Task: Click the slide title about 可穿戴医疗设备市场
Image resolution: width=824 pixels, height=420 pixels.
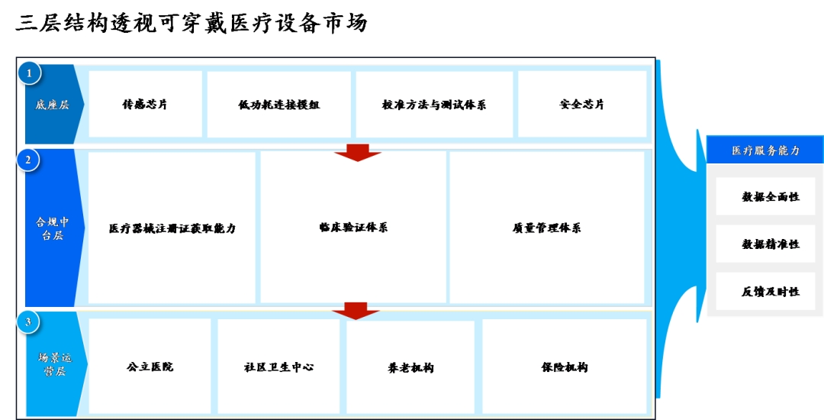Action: click(x=192, y=23)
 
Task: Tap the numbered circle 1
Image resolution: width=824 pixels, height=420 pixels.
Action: click(x=30, y=73)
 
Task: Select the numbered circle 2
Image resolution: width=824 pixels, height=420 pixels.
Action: click(x=28, y=160)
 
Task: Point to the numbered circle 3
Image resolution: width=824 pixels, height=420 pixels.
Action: click(x=28, y=322)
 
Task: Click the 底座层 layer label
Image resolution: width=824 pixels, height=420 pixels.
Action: click(x=52, y=105)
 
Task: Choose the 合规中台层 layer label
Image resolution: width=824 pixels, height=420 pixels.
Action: click(x=52, y=228)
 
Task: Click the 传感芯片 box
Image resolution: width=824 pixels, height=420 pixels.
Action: click(x=146, y=104)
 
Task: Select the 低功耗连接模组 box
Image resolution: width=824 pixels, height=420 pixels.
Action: click(x=279, y=104)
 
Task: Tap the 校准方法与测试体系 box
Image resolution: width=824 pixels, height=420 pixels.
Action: click(x=435, y=104)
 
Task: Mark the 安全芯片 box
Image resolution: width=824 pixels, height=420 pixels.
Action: click(x=582, y=104)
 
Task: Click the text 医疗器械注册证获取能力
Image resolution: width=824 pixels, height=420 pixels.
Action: click(x=172, y=228)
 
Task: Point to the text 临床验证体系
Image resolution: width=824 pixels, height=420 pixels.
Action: click(x=353, y=228)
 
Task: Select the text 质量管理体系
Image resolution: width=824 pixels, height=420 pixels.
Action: click(x=546, y=228)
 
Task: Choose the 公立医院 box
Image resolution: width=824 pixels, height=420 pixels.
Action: click(x=150, y=367)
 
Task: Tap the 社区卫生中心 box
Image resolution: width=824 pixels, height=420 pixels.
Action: click(x=278, y=367)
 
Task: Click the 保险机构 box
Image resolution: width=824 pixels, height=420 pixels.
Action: click(x=565, y=367)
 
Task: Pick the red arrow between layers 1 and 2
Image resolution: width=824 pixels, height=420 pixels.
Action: click(x=358, y=153)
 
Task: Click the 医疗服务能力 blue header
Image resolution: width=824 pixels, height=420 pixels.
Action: click(x=765, y=150)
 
